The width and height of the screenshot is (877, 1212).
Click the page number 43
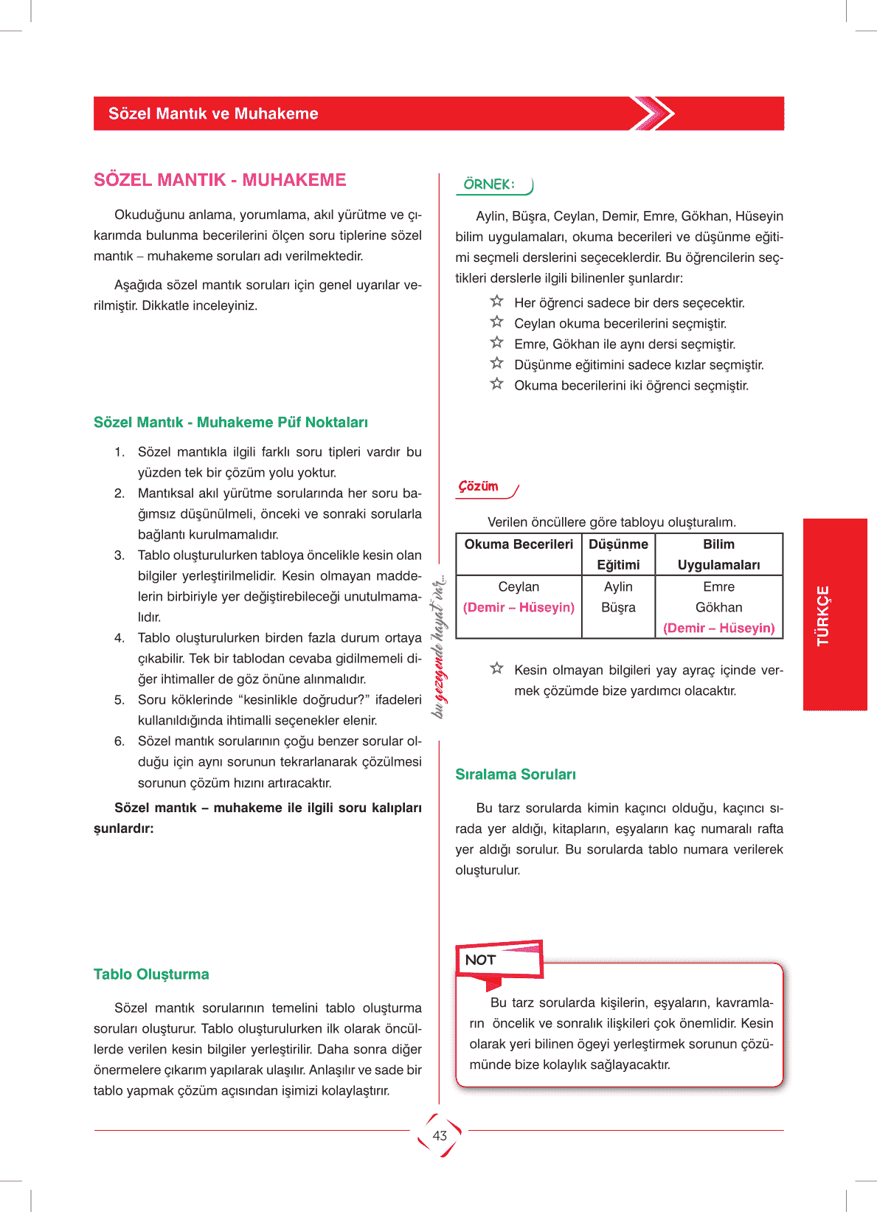(440, 1135)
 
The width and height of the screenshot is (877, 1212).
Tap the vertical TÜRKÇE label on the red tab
(823, 615)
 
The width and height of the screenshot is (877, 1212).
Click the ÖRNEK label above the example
(489, 184)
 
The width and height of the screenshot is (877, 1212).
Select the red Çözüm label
(479, 486)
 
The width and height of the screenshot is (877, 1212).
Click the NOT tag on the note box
(480, 960)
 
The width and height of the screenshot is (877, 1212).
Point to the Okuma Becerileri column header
(519, 544)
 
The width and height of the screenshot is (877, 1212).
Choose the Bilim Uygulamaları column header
(718, 554)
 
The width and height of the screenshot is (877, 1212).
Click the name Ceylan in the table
(519, 586)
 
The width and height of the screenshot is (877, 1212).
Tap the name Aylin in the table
(618, 586)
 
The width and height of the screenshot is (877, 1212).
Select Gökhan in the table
(718, 607)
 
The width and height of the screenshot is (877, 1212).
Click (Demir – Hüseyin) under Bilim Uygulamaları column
(718, 628)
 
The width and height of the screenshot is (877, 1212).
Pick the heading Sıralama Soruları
(516, 774)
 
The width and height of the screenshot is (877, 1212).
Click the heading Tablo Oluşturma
(151, 974)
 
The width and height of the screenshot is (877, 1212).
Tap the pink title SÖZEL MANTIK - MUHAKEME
(220, 180)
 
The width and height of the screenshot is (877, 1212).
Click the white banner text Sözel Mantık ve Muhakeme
(213, 114)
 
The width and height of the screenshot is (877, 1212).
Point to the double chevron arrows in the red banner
(652, 114)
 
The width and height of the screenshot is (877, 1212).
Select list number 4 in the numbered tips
(119, 637)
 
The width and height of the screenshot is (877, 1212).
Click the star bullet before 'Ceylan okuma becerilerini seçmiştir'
(497, 322)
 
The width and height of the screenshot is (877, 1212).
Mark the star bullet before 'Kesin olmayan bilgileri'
(497, 668)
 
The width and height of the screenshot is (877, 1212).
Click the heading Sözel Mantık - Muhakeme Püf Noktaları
(231, 422)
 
